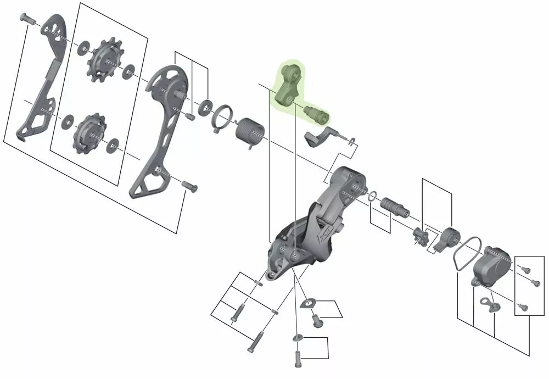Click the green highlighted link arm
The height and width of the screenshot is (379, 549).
pos(288,85)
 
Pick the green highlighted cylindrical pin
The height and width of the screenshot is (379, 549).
pos(317,113)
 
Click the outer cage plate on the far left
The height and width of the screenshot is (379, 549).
pos(41,77)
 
